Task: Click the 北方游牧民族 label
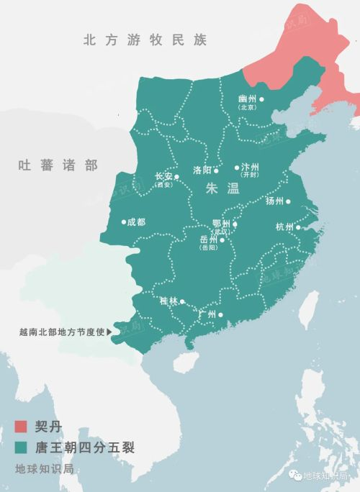(x=144, y=40)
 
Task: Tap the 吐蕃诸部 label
(x=58, y=165)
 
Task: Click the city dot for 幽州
(x=261, y=99)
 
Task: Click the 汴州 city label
(x=249, y=168)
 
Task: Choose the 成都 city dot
(x=124, y=222)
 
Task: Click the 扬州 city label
(x=275, y=201)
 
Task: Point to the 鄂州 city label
(x=221, y=224)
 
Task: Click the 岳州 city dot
(x=222, y=240)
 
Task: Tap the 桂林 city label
(x=169, y=302)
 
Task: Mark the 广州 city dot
(x=221, y=314)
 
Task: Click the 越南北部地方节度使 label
(x=62, y=332)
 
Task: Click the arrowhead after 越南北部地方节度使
(x=109, y=332)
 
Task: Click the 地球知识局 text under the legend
(x=44, y=469)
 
